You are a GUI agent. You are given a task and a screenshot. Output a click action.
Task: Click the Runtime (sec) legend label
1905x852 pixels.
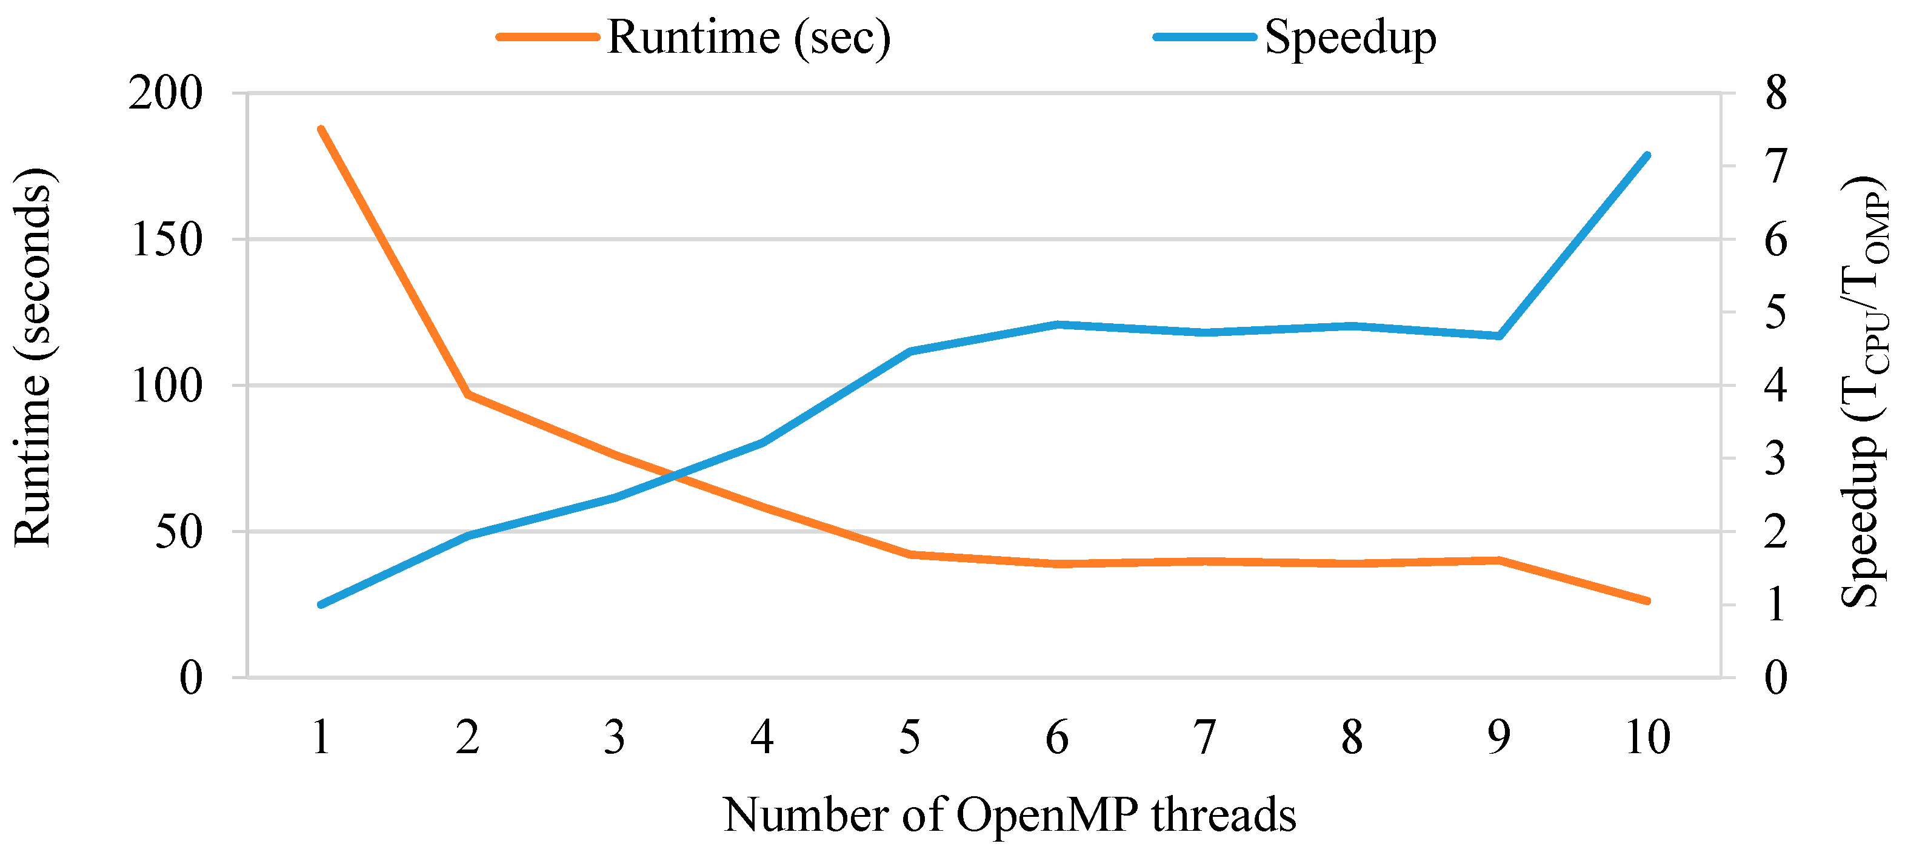tap(749, 37)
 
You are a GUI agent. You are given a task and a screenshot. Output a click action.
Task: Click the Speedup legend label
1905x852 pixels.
tap(1350, 37)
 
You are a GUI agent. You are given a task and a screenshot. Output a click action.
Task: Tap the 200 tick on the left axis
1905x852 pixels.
tap(165, 93)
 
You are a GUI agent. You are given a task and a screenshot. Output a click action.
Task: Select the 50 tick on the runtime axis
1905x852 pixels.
tap(178, 532)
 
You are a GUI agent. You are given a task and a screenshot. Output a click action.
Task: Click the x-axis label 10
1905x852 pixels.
tap(1647, 737)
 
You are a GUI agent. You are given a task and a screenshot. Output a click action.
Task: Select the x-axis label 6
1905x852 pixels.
tap(1058, 737)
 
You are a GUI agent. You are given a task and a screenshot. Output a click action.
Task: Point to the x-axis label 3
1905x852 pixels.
tap(615, 737)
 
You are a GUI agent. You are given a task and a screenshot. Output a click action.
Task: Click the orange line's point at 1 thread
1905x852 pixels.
tap(321, 129)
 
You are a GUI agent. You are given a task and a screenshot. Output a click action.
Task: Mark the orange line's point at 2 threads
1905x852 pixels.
tap(468, 395)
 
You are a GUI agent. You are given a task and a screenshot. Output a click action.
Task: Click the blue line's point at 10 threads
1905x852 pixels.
tap(1647, 155)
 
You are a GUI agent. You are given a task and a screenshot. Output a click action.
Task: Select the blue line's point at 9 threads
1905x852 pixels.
tap(1500, 337)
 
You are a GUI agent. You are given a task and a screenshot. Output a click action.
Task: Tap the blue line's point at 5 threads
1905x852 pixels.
tap(910, 351)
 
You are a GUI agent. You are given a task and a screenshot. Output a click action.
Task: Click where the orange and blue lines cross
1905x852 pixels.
tap(673, 475)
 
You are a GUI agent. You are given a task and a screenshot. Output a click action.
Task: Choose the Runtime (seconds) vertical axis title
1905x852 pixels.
tap(33, 357)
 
